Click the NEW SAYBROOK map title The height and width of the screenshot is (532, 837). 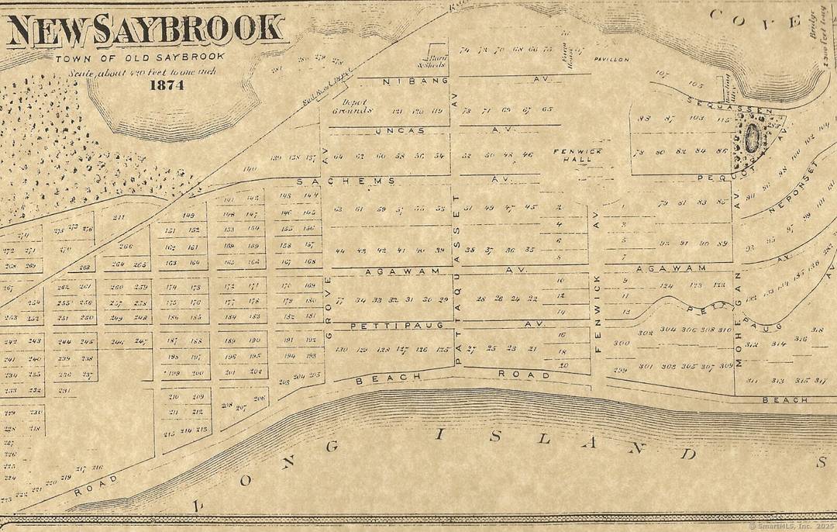pos(146,29)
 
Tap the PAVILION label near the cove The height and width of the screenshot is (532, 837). pos(611,59)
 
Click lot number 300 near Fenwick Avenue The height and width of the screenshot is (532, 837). pos(621,343)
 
